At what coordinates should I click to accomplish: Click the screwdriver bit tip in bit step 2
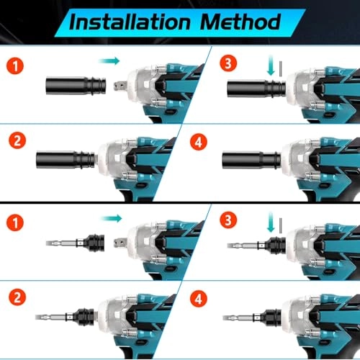[x=48, y=317]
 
